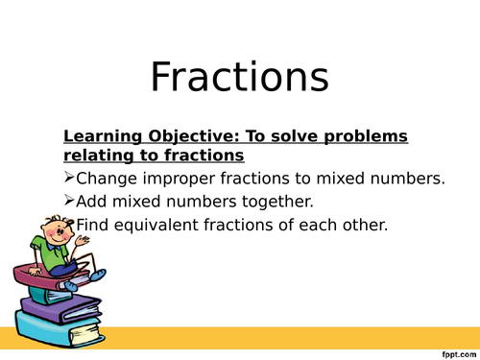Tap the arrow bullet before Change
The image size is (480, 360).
pos(68,178)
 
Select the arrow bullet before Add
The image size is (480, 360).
pos(68,202)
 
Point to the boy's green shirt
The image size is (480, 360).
pos(45,253)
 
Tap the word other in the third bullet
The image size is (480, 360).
pos(355,226)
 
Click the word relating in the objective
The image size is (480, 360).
pos(95,154)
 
